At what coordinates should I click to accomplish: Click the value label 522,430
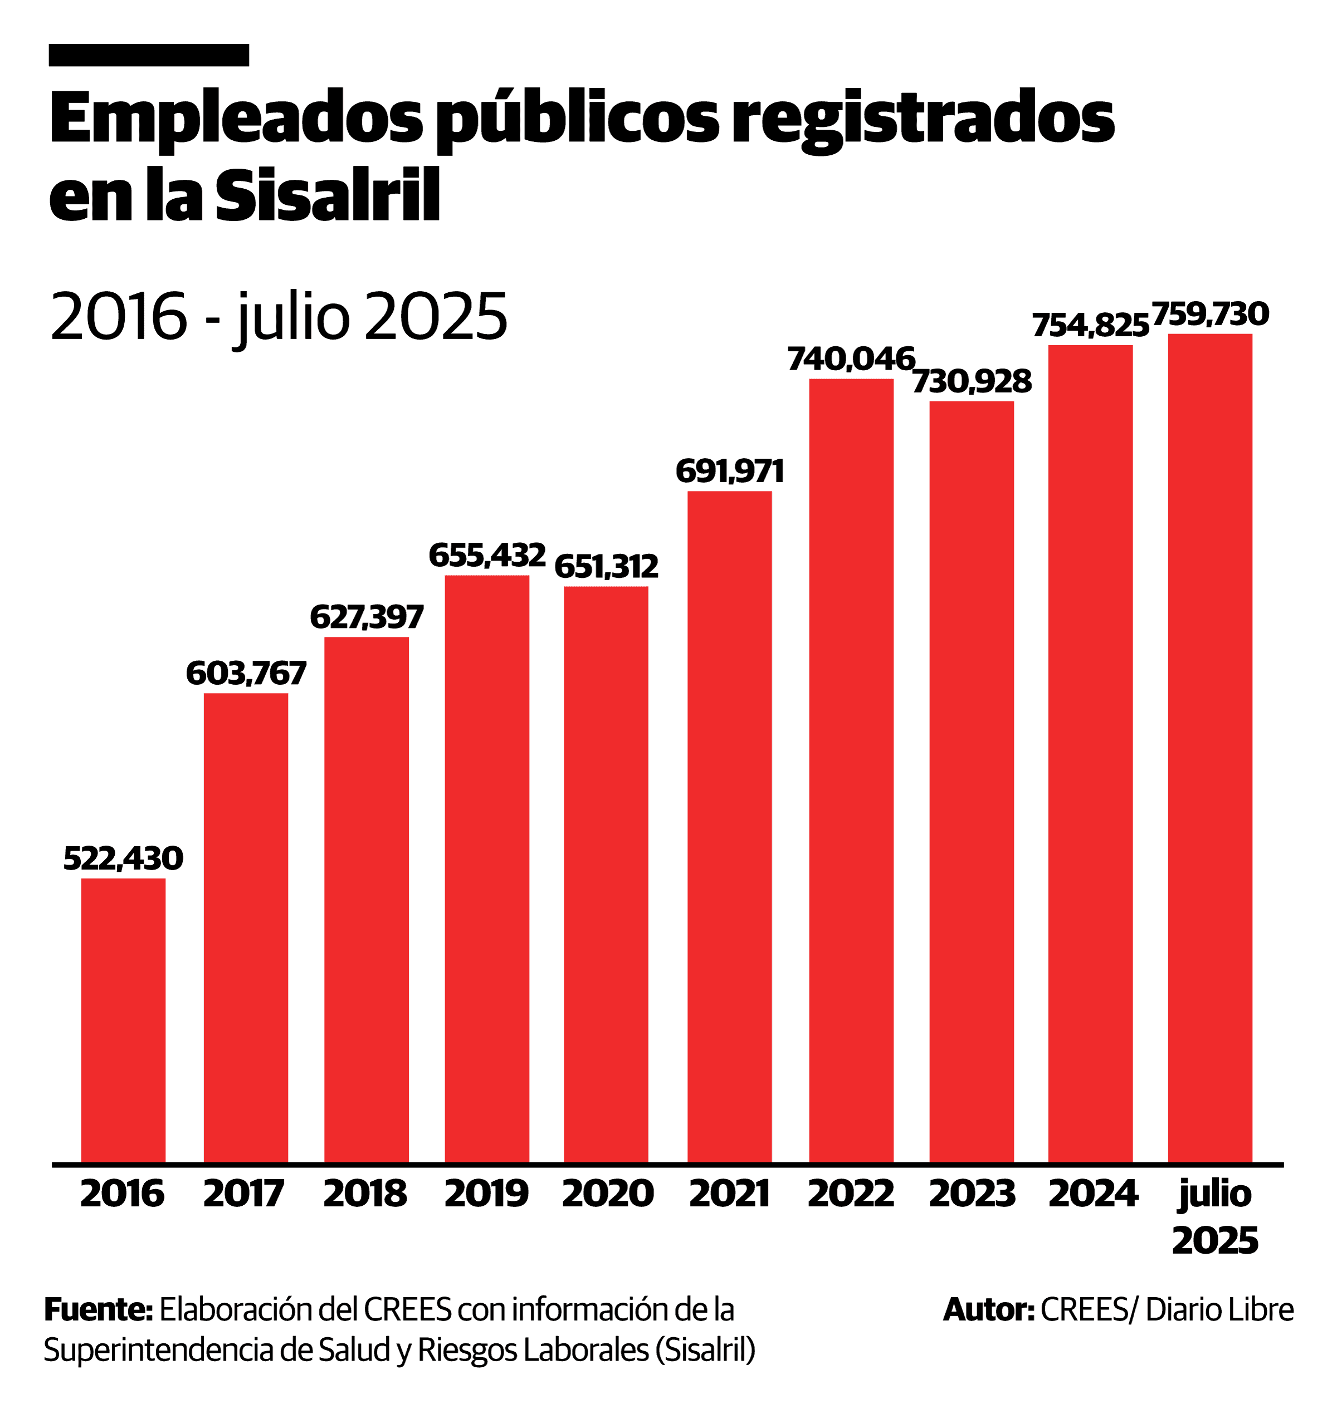(123, 858)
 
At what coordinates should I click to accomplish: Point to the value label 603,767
(246, 673)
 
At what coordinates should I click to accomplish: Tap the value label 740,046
(851, 359)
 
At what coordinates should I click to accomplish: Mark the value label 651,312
(607, 567)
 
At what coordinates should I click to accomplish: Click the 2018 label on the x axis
(365, 1194)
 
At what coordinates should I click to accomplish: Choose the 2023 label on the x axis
(972, 1194)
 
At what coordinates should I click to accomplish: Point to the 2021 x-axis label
(729, 1194)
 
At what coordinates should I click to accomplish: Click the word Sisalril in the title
(327, 194)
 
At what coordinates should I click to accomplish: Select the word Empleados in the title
(236, 118)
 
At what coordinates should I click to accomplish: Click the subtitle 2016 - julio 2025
(279, 316)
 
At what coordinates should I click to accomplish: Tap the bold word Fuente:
(99, 1309)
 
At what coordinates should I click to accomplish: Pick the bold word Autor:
(988, 1309)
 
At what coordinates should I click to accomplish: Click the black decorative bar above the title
(149, 55)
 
